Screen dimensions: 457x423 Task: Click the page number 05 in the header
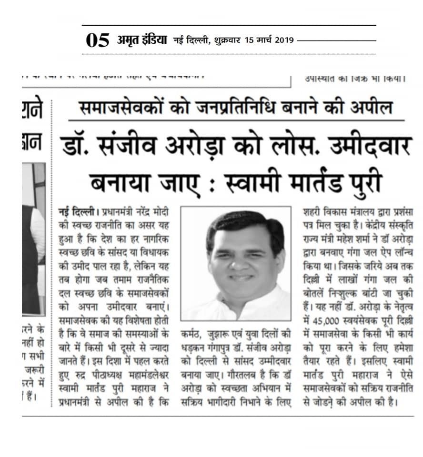98,40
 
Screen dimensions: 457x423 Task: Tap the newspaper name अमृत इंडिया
142,40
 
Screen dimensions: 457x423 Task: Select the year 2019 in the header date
284,40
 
